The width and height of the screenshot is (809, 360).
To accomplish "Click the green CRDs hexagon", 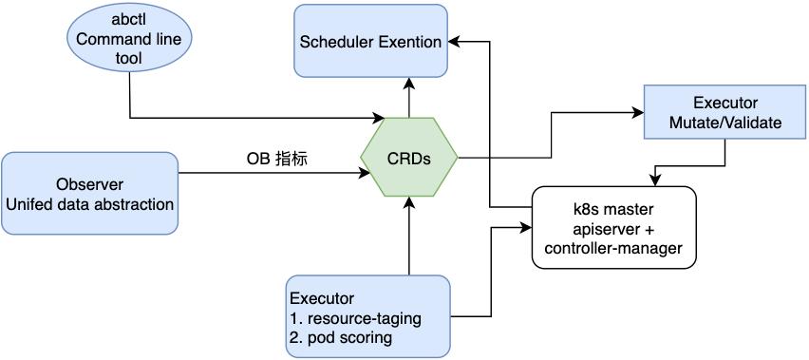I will pyautogui.click(x=409, y=158).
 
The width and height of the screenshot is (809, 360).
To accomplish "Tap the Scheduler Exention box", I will pyautogui.click(x=370, y=41).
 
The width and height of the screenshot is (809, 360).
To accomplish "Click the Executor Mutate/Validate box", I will pyautogui.click(x=724, y=112).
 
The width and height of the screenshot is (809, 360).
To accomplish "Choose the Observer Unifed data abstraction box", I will pyautogui.click(x=89, y=192).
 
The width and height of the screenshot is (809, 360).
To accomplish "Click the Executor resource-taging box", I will pyautogui.click(x=367, y=316).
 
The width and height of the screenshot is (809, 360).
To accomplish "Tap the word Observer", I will pyautogui.click(x=89, y=182).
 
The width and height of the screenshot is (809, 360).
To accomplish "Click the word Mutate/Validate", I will pyautogui.click(x=724, y=123).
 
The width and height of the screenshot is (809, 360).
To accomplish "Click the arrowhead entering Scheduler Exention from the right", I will pyautogui.click(x=455, y=41).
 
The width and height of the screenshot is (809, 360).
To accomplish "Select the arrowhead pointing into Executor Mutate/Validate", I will pyautogui.click(x=638, y=112).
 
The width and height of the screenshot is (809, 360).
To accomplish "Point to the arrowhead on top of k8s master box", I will pyautogui.click(x=653, y=180).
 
